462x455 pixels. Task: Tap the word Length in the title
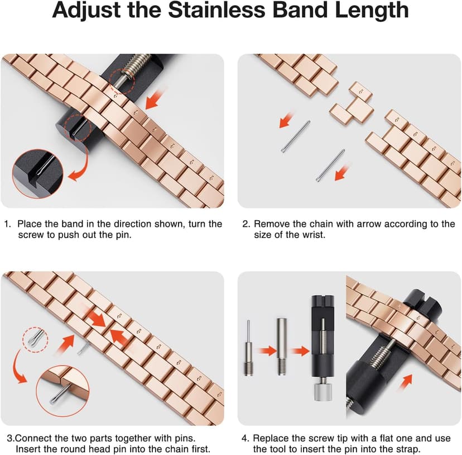pos(373,11)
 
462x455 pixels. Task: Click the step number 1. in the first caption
pos(8,224)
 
